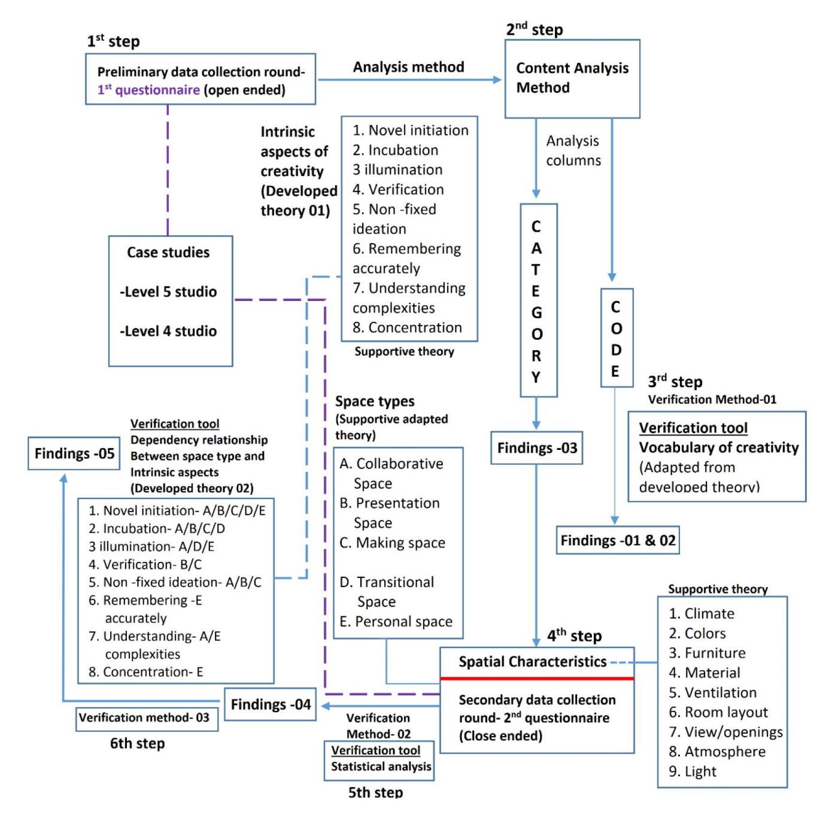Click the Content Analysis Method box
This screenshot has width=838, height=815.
(572, 78)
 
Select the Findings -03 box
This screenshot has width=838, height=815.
(537, 448)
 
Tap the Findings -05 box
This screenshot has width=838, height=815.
(74, 454)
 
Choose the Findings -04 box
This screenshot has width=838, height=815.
(271, 704)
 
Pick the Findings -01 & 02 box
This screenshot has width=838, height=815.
(618, 541)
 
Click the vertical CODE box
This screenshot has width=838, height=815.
(616, 338)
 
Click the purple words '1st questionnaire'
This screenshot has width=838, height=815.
(148, 90)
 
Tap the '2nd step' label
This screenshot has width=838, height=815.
(534, 29)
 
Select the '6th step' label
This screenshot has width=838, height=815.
(137, 744)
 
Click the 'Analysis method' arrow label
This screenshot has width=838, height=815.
(408, 67)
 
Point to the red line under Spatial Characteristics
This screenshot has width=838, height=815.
(537, 679)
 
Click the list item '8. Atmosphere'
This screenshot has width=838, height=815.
(717, 752)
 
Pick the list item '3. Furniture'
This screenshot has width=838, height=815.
(707, 653)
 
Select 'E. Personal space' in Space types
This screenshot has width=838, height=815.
(396, 622)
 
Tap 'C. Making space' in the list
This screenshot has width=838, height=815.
(392, 543)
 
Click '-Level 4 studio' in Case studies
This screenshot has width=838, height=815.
(168, 331)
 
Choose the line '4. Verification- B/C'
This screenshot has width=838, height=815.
(145, 564)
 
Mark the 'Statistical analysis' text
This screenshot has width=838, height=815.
(381, 767)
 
